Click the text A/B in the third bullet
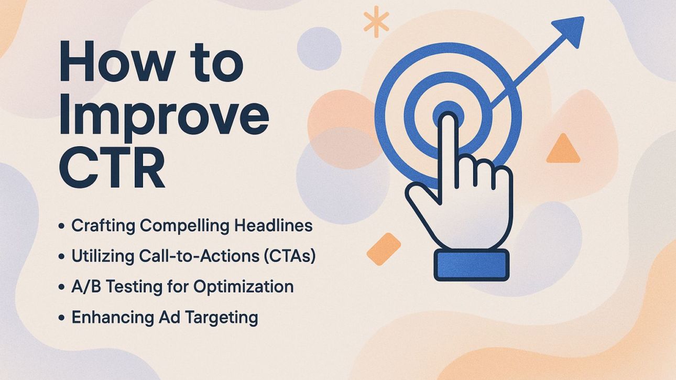(83, 287)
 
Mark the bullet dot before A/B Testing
(62, 288)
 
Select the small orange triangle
(563, 150)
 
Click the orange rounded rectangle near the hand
(384, 248)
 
